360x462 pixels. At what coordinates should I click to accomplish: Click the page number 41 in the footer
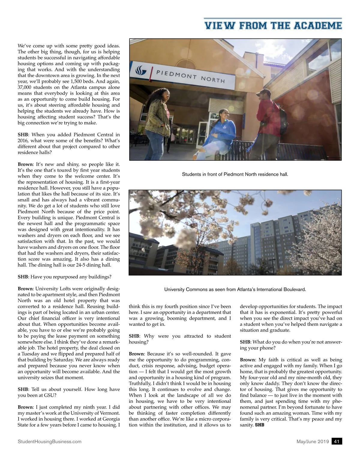tap(337, 441)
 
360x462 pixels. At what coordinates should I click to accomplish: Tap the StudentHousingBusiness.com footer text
tap(49, 441)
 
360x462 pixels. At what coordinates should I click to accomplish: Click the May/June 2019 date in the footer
tap(313, 441)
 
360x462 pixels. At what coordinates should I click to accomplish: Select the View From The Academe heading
tap(273, 25)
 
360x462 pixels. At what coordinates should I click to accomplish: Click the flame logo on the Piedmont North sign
tap(141, 70)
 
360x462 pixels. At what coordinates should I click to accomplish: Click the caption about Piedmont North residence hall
tap(235, 174)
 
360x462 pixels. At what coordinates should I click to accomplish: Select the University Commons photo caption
tap(235, 289)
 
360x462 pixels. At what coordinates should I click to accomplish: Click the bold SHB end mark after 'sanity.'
tap(259, 425)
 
